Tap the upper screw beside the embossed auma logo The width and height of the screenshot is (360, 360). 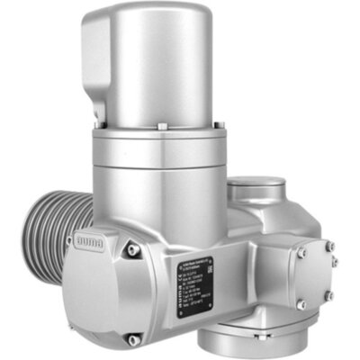pos(132,249)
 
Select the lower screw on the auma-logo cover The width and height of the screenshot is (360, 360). pos(133,339)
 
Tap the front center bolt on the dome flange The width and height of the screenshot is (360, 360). pos(161,127)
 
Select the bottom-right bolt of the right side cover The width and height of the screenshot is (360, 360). pos(329,295)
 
